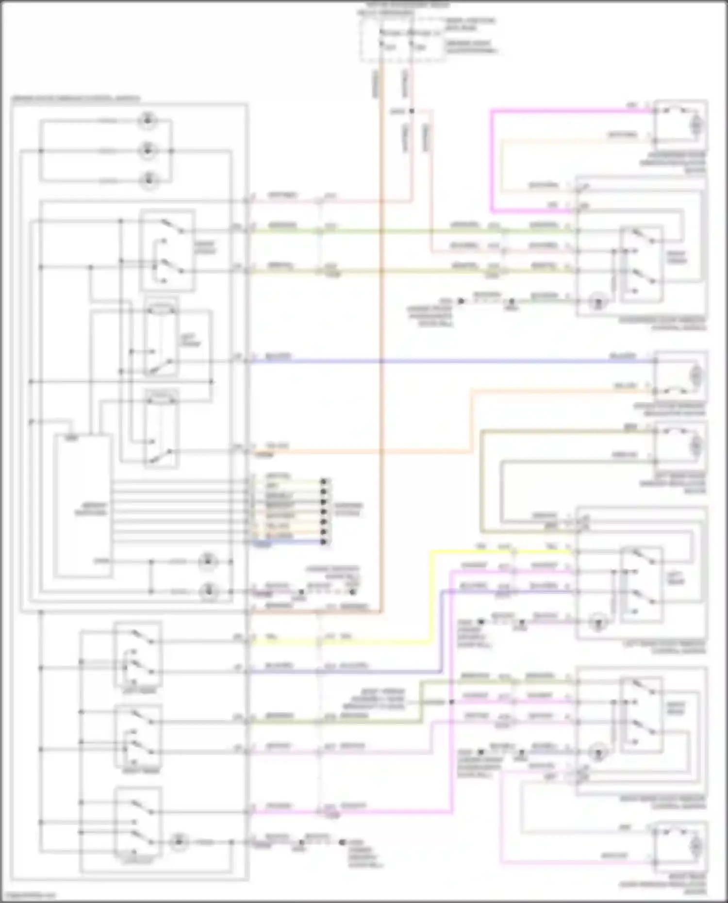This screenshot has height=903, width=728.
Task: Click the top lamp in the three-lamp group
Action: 147,120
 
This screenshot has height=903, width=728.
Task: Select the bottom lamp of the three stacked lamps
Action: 148,181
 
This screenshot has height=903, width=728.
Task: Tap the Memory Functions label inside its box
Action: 90,509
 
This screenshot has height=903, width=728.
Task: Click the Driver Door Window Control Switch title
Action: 76,99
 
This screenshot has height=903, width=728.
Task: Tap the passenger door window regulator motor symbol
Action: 696,125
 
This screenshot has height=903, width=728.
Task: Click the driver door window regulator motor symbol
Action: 696,375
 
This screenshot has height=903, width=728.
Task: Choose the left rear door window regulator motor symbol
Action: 696,444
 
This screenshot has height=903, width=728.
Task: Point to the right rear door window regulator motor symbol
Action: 696,847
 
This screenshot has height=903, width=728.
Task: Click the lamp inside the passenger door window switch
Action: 598,302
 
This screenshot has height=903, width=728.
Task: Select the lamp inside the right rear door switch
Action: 598,753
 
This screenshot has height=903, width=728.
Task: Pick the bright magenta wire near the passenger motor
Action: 492,160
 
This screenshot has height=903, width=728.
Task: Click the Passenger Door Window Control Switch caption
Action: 662,324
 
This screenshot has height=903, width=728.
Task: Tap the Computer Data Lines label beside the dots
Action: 348,509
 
